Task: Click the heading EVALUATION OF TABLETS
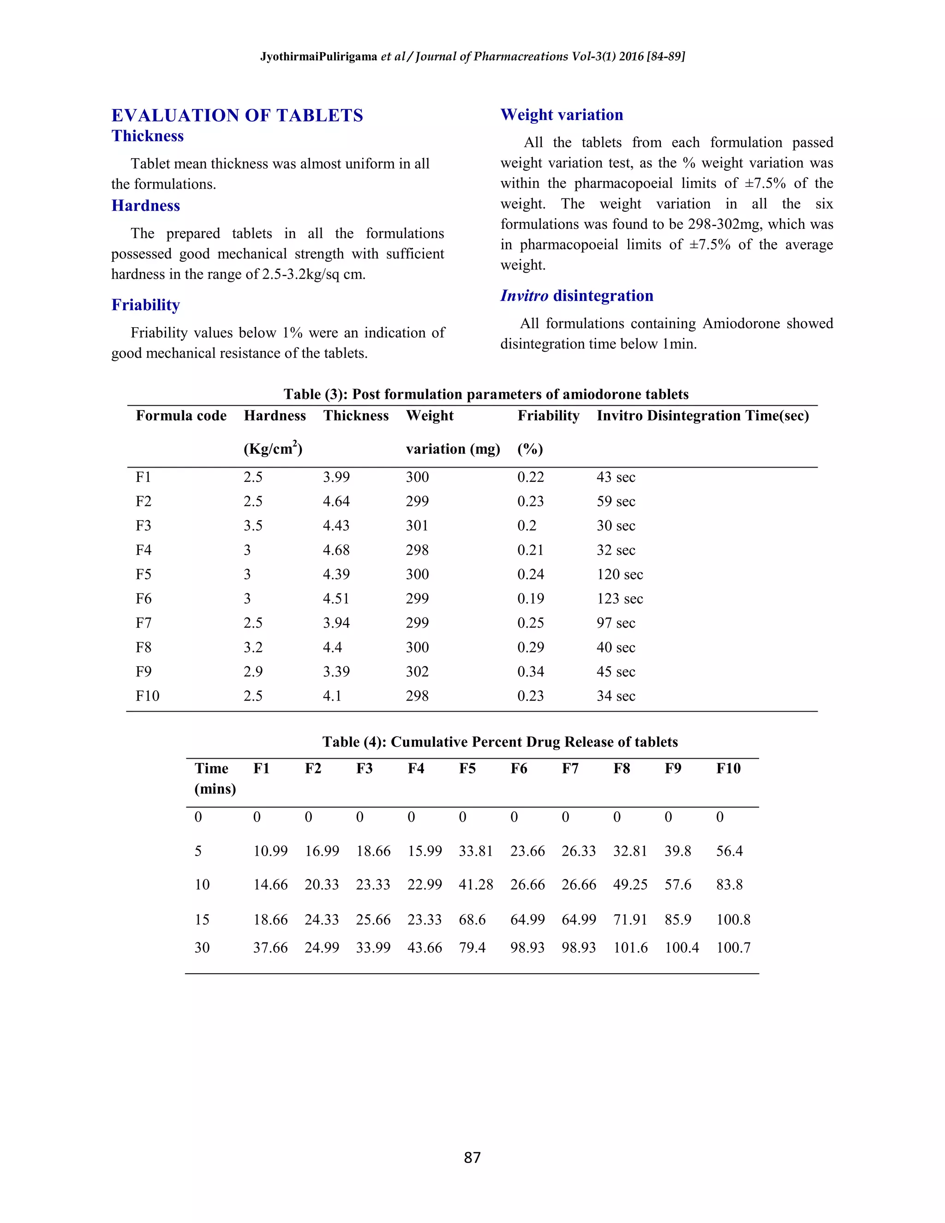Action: (237, 115)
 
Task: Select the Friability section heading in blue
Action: (145, 305)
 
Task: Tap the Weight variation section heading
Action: (562, 115)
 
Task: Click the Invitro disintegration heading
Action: (577, 296)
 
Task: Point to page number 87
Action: (472, 1157)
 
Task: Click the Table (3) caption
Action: (485, 394)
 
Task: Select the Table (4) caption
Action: (500, 742)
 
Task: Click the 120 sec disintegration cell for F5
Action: (619, 575)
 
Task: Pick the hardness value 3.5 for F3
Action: (252, 526)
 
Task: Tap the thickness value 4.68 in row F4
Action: (336, 550)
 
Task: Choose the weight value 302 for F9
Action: (417, 671)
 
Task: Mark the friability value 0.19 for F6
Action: (530, 599)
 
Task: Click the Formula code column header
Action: (181, 415)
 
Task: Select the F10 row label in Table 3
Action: (147, 696)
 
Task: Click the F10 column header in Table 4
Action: (728, 768)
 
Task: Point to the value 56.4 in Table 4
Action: (729, 851)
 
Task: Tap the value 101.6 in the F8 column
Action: (630, 947)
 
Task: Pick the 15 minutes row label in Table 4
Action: (202, 919)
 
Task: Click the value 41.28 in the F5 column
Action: (475, 885)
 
